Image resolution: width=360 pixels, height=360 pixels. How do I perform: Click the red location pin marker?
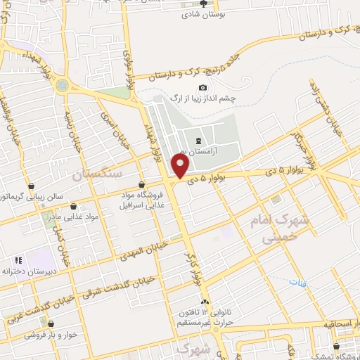[181, 167]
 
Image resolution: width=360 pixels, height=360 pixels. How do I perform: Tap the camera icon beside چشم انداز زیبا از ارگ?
[203, 87]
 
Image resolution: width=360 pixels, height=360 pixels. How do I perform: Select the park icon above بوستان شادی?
[203, 3]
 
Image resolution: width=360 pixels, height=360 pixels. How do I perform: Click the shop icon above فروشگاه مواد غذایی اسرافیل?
[143, 184]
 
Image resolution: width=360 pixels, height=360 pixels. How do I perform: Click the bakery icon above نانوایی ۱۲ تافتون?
[205, 301]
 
